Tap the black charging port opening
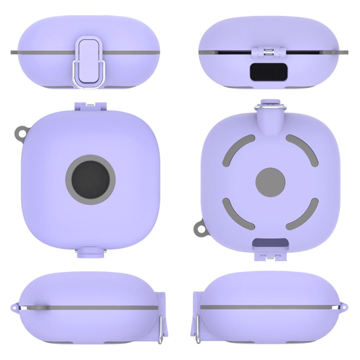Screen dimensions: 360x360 click(x=267, y=72)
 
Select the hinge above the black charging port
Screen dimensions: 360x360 click(x=268, y=52)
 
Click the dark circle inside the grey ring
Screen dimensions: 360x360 click(x=90, y=180)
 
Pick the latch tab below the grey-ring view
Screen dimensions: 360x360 click(x=90, y=250)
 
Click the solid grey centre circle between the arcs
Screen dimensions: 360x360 click(x=271, y=182)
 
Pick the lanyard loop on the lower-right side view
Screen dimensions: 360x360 click(x=344, y=307)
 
